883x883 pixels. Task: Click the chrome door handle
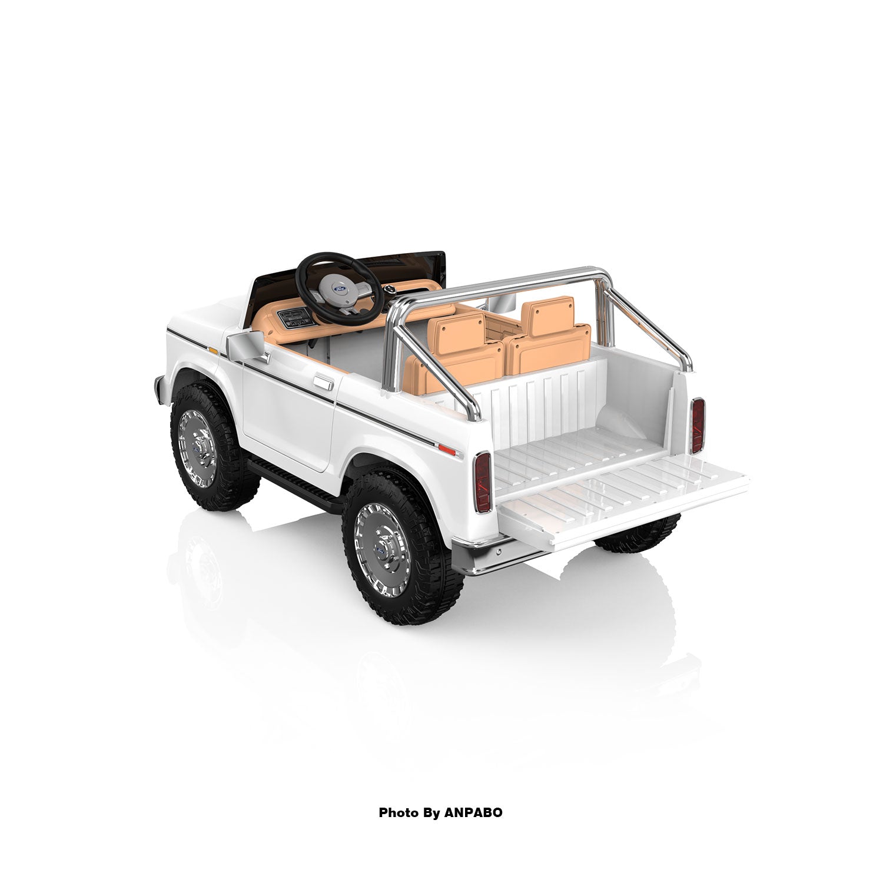click(323, 383)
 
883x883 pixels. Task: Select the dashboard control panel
click(293, 318)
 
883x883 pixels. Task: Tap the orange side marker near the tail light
click(447, 450)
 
